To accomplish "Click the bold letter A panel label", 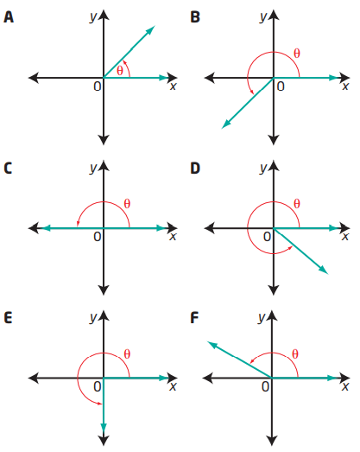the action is tap(9, 17).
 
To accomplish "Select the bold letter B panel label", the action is tap(195, 17).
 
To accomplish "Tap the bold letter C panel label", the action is tap(8, 169).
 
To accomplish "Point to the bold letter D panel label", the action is tap(195, 169).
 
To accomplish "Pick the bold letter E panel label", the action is tap(8, 318).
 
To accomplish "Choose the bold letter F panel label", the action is tap(195, 318).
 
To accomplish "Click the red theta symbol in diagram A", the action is tap(120, 71).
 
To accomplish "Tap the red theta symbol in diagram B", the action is tap(297, 54).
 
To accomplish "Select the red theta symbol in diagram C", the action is tap(127, 204).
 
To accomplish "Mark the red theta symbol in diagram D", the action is tap(297, 204).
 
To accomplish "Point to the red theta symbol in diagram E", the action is tap(127, 354).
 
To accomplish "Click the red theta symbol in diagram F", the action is tap(295, 354).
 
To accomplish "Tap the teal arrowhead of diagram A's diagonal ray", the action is tap(150, 30).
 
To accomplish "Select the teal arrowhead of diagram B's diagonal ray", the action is tap(226, 124).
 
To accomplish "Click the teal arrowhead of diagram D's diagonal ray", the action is tap(324, 270).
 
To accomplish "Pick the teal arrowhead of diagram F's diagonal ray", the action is tap(212, 345).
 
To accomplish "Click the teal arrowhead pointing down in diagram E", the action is tap(104, 427).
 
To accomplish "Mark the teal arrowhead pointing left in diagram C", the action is tap(47, 228).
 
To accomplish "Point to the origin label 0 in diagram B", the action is tap(281, 86).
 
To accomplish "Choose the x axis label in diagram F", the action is tap(344, 386).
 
